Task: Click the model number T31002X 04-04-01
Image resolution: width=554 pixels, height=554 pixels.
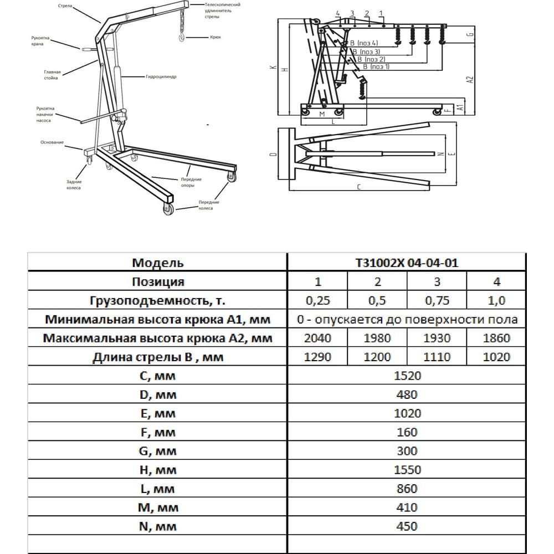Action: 407,263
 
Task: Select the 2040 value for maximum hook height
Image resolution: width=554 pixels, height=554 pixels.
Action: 317,338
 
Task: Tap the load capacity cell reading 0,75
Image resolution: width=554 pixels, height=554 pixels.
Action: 437,300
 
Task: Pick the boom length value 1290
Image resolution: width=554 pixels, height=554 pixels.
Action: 317,357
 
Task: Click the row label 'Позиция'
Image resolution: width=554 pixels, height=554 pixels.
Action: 158,281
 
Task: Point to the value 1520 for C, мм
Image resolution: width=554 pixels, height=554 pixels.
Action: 407,376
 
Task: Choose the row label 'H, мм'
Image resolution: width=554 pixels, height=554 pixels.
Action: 158,470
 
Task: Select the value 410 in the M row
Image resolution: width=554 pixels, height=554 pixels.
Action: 407,507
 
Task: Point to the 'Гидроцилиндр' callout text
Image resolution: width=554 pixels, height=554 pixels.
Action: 161,78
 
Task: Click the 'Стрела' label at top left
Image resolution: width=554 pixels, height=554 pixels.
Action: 65,6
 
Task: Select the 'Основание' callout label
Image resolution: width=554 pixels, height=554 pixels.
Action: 52,142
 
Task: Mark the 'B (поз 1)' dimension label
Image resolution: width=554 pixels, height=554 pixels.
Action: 376,66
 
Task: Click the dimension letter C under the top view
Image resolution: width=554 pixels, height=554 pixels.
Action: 360,187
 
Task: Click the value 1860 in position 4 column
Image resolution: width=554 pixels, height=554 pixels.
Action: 496,338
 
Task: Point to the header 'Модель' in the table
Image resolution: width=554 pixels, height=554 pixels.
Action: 158,263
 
